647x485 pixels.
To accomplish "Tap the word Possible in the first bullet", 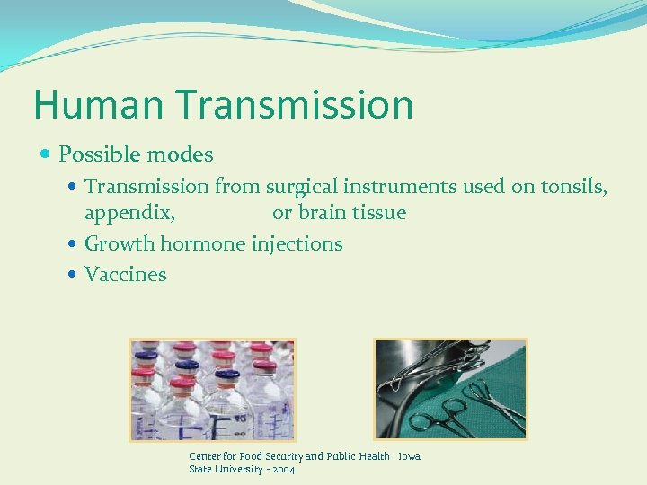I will pyautogui.click(x=96, y=155).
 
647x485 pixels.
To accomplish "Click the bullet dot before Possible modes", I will pyautogui.click(x=47, y=155).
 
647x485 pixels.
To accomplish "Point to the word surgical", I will pyautogui.click(x=300, y=187).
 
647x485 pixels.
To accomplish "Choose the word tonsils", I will pyautogui.click(x=573, y=187).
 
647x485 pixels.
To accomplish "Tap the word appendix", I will pyautogui.click(x=129, y=214).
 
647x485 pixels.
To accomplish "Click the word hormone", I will pyautogui.click(x=205, y=244).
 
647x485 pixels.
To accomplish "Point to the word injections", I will pyautogui.click(x=297, y=244).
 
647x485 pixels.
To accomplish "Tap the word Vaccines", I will pyautogui.click(x=126, y=275).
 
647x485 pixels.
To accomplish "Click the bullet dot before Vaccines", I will pyautogui.click(x=74, y=275).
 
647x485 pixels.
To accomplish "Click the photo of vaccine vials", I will pyautogui.click(x=212, y=389).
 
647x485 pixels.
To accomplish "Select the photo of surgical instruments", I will pyautogui.click(x=449, y=389).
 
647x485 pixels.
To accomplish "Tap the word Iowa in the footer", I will pyautogui.click(x=409, y=456).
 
